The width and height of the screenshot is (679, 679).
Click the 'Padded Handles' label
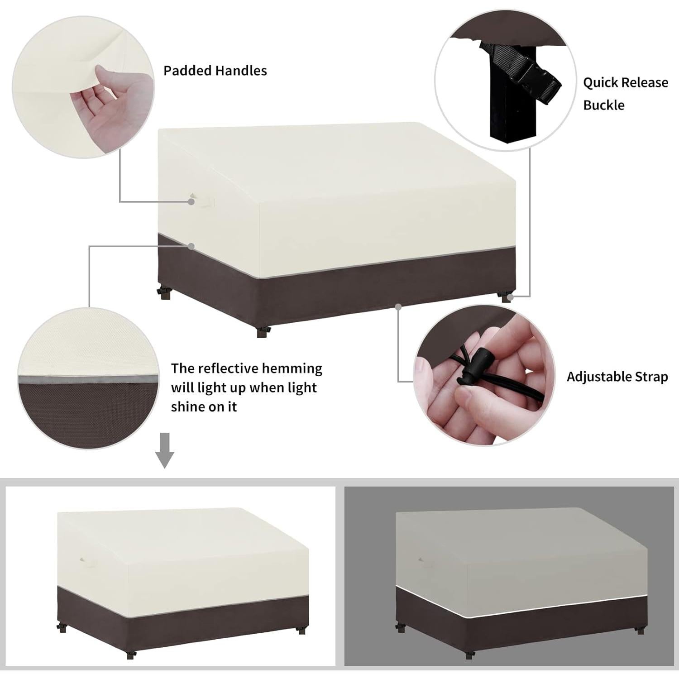tap(215, 71)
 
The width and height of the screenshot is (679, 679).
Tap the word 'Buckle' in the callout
tap(603, 105)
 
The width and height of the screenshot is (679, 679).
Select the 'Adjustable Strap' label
tap(617, 377)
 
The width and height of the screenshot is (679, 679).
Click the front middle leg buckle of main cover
tap(263, 332)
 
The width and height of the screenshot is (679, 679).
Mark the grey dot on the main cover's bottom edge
tap(398, 306)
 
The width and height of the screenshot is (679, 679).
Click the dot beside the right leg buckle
tap(510, 297)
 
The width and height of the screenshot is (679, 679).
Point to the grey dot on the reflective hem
tap(191, 246)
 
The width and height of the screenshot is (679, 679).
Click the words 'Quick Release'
tap(625, 83)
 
